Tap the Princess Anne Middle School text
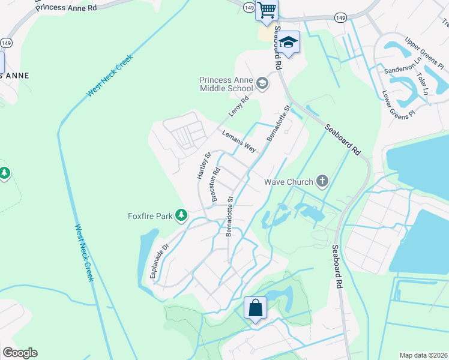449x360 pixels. pos(227,84)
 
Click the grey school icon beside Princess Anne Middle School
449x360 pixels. pos(262,83)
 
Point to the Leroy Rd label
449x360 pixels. pos(238,107)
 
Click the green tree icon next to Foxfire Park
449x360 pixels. pos(181,215)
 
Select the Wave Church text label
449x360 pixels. pos(289,182)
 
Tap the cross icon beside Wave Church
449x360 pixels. pos(322,181)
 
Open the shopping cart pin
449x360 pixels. pos(267,10)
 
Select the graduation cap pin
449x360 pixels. pos(288,43)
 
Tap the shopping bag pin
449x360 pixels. pos(255,308)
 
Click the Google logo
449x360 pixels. pos(20,353)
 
